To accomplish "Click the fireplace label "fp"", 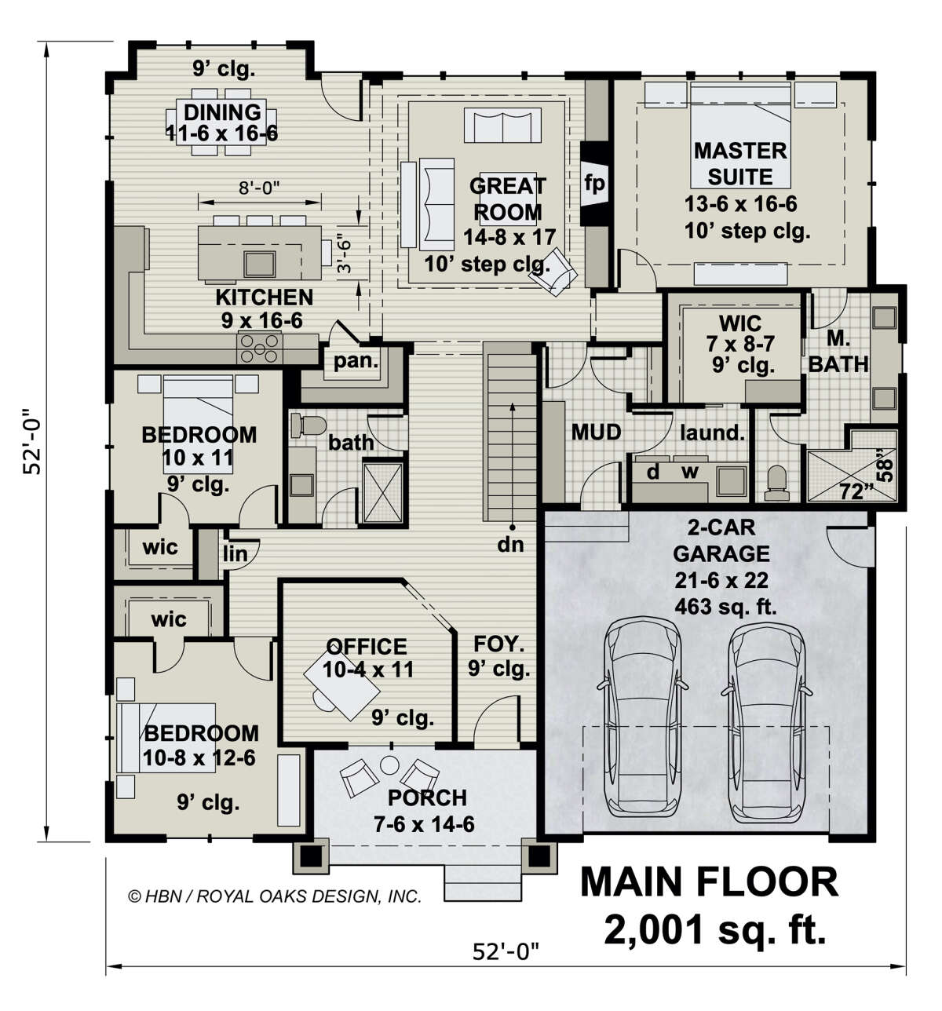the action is click(x=593, y=184).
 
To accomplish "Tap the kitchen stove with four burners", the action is click(x=260, y=349).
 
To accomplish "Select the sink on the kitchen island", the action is click(x=260, y=263).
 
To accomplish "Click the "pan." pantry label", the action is click(x=356, y=361).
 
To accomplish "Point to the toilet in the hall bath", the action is click(x=308, y=425).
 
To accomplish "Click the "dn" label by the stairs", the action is click(x=510, y=544).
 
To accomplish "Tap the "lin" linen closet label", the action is click(x=235, y=554).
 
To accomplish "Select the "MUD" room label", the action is click(x=596, y=433).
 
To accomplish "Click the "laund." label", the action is click(x=712, y=433).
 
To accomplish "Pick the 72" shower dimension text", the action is click(x=856, y=492).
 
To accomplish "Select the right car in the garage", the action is click(x=767, y=720).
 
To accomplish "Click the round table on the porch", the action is click(x=389, y=765).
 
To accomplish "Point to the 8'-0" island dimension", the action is click(x=260, y=189).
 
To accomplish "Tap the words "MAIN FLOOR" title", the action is click(x=709, y=882).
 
